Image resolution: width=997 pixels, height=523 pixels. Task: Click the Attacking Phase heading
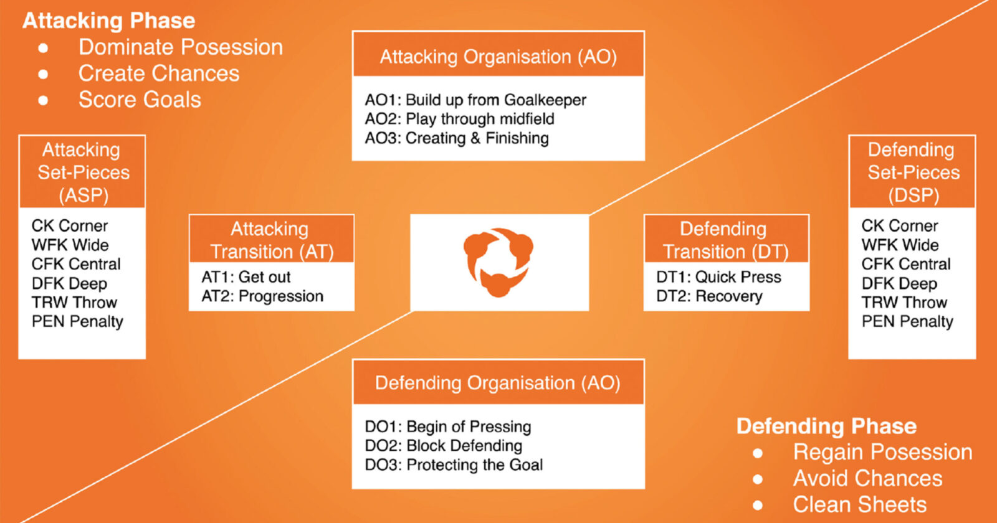(x=109, y=21)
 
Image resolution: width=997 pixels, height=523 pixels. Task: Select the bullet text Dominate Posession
(x=180, y=47)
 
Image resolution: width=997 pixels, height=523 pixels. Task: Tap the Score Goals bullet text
(x=140, y=100)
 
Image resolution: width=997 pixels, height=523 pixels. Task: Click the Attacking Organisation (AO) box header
(x=498, y=57)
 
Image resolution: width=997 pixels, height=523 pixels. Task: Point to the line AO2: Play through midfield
(x=459, y=119)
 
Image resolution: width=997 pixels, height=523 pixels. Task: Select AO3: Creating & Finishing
(x=457, y=138)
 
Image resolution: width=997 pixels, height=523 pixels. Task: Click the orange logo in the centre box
(x=499, y=262)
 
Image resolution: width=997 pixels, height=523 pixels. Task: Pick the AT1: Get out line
(x=246, y=277)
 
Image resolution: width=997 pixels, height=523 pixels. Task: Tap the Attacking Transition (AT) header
(x=271, y=240)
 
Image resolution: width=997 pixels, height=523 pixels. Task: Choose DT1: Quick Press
(x=718, y=277)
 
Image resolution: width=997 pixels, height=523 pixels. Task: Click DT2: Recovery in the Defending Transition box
(x=709, y=296)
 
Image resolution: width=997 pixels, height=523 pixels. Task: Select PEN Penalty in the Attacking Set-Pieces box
(x=77, y=322)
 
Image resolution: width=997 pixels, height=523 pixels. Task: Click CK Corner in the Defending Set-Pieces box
(x=900, y=226)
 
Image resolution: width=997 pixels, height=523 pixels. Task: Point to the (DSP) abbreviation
(x=914, y=196)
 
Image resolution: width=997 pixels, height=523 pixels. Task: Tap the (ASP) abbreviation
(x=83, y=196)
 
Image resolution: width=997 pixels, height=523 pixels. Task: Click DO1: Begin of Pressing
(x=447, y=426)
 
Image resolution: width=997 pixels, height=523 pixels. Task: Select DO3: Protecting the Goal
(x=454, y=465)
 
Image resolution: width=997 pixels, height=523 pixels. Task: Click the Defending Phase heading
(x=826, y=426)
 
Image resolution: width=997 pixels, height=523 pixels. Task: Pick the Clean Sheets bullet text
(x=859, y=504)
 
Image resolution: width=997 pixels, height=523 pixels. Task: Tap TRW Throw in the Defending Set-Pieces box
(x=904, y=303)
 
